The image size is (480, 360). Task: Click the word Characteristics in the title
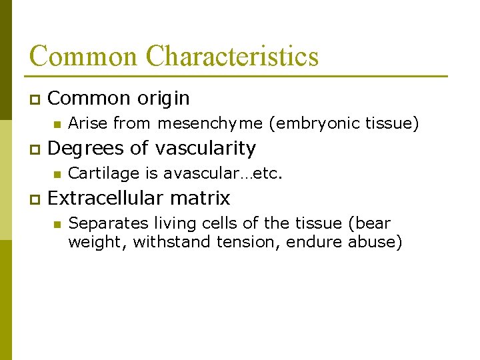point(233,57)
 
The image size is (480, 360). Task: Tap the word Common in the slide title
point(84,57)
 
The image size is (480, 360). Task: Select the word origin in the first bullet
point(163,99)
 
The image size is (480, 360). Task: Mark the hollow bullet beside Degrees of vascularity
point(33,149)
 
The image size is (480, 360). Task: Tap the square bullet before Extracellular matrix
point(33,199)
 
